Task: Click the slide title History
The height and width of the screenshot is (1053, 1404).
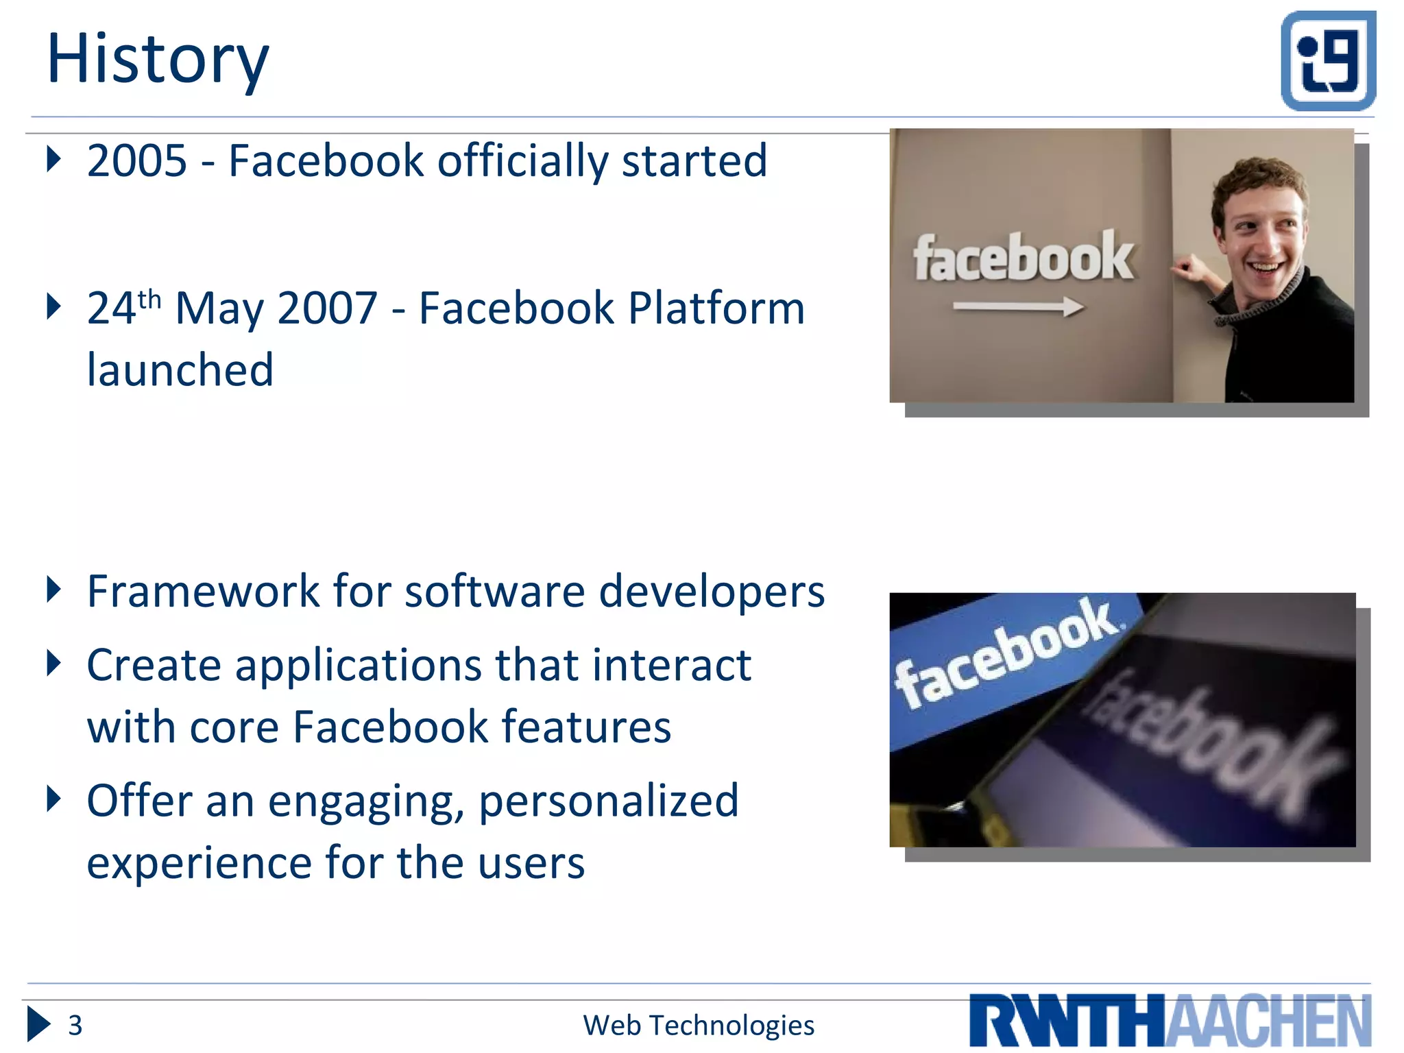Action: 158,60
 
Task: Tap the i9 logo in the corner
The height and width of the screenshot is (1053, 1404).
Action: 1328,61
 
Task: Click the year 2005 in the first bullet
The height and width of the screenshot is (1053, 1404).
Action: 136,161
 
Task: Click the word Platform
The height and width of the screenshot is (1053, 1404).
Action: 716,308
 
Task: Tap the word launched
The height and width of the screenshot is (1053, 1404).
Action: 180,370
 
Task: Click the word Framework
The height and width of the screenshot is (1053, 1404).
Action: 203,591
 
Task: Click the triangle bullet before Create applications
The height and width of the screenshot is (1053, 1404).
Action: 53,663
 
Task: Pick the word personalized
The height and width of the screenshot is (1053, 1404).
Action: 608,801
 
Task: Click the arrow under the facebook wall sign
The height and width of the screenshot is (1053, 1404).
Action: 1018,306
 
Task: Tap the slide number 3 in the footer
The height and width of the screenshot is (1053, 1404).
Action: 75,1026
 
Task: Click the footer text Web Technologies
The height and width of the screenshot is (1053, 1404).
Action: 698,1026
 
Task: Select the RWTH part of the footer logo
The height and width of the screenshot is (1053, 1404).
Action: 1067,1021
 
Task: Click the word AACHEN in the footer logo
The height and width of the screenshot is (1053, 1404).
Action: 1268,1021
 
